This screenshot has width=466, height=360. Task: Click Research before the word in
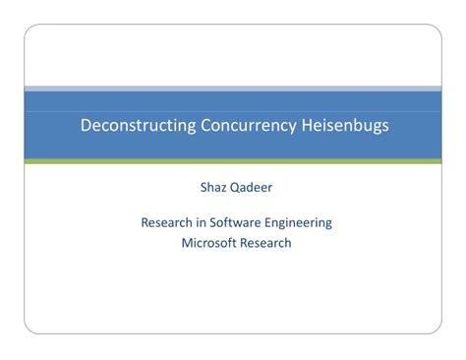pos(168,222)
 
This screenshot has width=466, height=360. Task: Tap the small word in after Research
pos(204,222)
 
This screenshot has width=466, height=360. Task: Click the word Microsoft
pos(210,242)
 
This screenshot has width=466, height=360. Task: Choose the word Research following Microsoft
pos(266,242)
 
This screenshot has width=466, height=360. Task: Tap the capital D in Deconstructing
pos(83,126)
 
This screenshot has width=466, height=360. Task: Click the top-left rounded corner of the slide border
pos(29,30)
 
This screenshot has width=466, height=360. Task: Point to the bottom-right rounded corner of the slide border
pos(437,331)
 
